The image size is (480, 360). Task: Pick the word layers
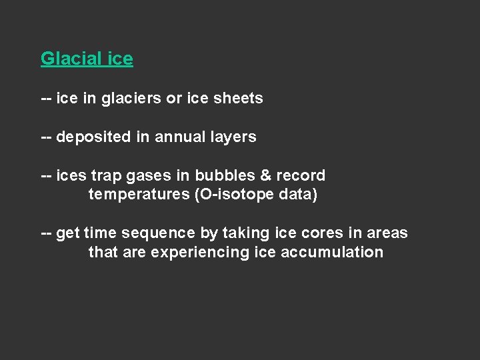(233, 137)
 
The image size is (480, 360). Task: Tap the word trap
(103, 176)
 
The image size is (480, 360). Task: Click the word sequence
(162, 233)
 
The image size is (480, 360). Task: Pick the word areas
(386, 233)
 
